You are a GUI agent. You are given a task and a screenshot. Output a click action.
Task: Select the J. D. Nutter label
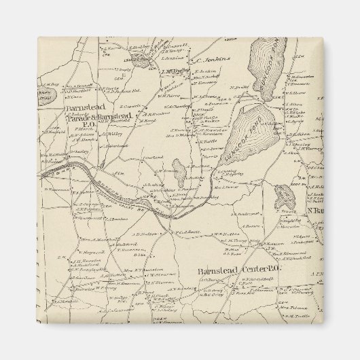tap(145, 233)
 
